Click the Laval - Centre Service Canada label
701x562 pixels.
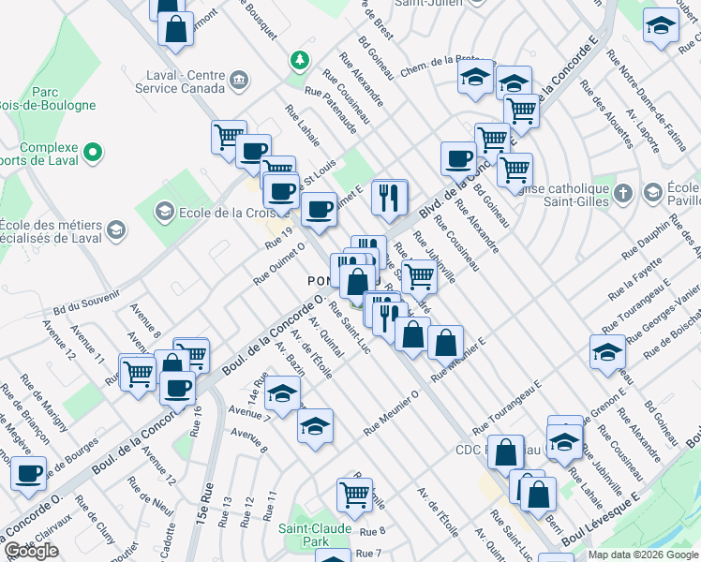point(177,81)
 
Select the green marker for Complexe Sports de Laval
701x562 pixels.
point(92,150)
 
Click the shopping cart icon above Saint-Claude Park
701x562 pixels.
point(354,493)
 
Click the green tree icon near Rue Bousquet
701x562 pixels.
point(299,60)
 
